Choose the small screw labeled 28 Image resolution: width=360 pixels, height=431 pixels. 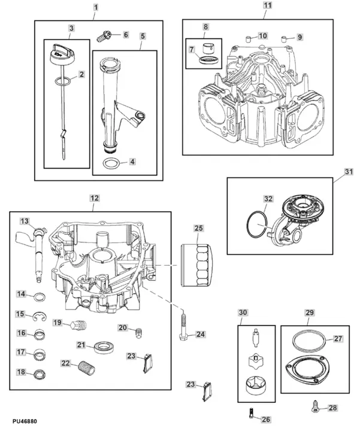(x=314, y=408)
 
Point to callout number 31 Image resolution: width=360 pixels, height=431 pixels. (x=349, y=171)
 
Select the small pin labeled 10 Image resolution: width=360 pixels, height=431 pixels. (x=246, y=40)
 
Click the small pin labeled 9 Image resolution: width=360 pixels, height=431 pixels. (x=279, y=40)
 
